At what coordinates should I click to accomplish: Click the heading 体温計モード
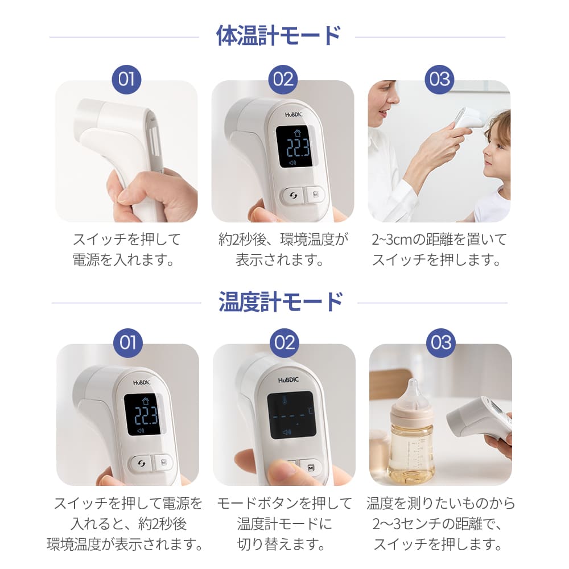point(278,36)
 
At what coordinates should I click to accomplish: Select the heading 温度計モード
point(281,302)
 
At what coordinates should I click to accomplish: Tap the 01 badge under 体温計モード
point(126,79)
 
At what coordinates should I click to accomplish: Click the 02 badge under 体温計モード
point(283,79)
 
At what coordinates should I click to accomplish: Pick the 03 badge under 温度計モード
point(441,343)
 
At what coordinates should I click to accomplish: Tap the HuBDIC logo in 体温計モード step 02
point(296,114)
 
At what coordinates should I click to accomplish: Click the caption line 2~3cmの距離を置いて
point(439,240)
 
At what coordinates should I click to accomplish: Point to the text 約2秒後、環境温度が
point(283,240)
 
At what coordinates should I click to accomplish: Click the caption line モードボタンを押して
point(284,504)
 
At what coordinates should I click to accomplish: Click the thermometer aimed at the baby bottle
point(481,418)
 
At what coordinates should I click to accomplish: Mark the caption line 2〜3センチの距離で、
point(439,523)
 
